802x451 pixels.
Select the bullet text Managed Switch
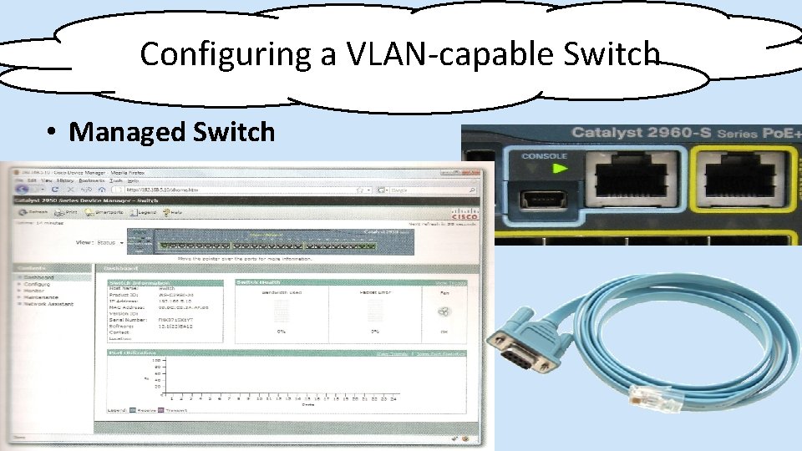171,132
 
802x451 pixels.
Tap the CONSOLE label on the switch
544,156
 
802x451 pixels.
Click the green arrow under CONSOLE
559,168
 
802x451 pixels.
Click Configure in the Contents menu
38,284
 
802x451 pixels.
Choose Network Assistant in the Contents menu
48,304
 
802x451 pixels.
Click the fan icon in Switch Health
445,312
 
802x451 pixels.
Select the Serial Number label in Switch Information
124,319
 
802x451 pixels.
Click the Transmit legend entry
175,411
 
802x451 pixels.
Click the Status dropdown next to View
108,242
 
